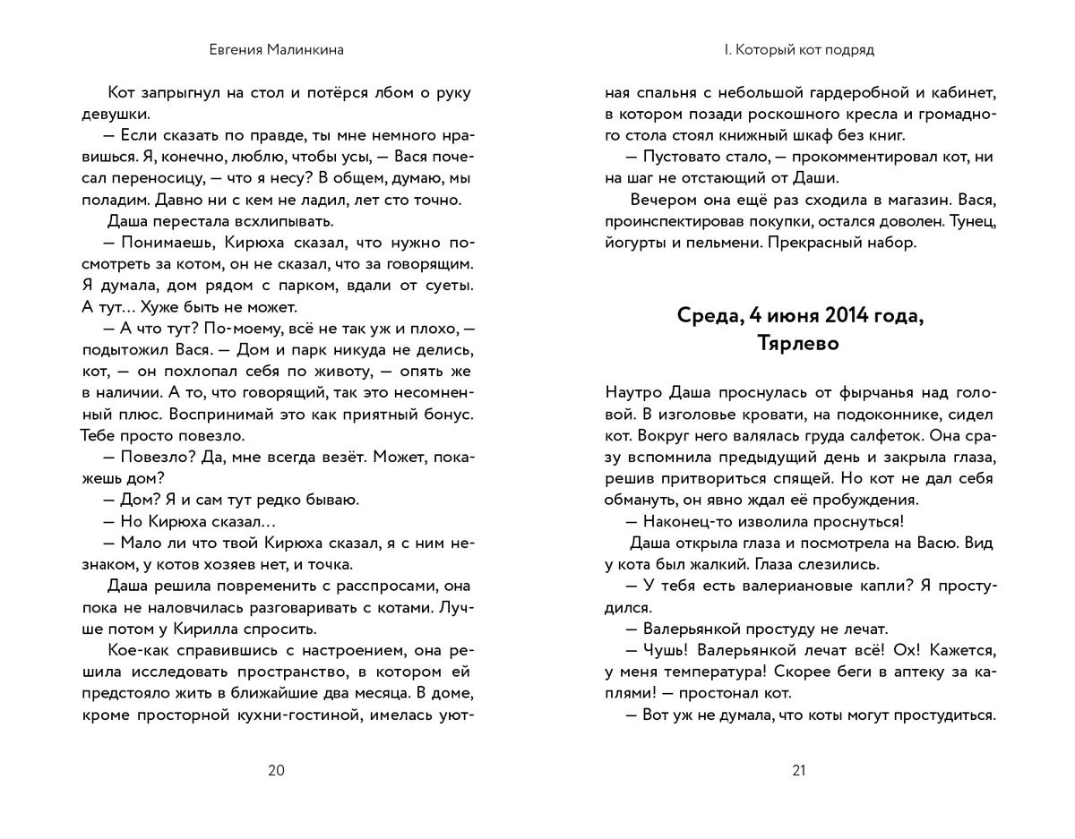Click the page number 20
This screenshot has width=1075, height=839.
click(x=276, y=770)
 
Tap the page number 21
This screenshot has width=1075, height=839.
click(x=799, y=770)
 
